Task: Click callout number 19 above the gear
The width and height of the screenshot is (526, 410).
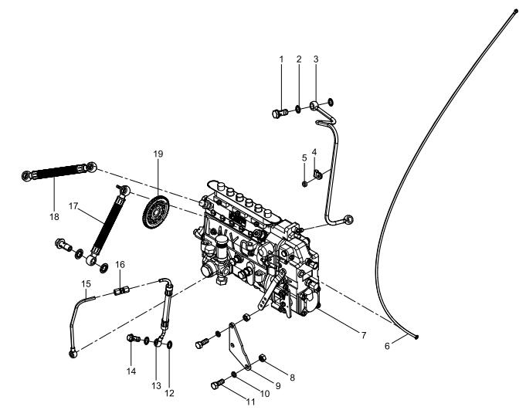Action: point(158,154)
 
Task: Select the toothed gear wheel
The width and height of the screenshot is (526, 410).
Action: point(156,212)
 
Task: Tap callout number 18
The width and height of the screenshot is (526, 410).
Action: point(54,217)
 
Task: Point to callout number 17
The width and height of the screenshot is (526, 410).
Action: point(73,206)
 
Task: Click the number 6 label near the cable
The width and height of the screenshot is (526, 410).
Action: point(387,347)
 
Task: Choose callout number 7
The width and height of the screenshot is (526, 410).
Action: point(363,335)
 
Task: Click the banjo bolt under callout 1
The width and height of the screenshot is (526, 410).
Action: point(280,114)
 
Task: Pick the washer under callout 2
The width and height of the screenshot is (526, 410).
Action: point(298,109)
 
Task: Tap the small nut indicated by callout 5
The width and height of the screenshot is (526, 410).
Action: point(305,184)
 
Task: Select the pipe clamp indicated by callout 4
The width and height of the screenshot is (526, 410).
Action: point(317,174)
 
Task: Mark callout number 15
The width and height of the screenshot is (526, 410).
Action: point(86,284)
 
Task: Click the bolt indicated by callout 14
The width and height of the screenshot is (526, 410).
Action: point(134,338)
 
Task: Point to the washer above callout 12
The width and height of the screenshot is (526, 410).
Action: point(169,344)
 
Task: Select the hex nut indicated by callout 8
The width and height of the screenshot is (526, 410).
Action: point(263,358)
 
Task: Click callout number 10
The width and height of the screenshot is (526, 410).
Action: point(265,394)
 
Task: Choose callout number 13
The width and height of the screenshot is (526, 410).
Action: point(156,386)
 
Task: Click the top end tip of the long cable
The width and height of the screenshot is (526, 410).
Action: point(516,12)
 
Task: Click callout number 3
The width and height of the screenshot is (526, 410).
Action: point(316,59)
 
